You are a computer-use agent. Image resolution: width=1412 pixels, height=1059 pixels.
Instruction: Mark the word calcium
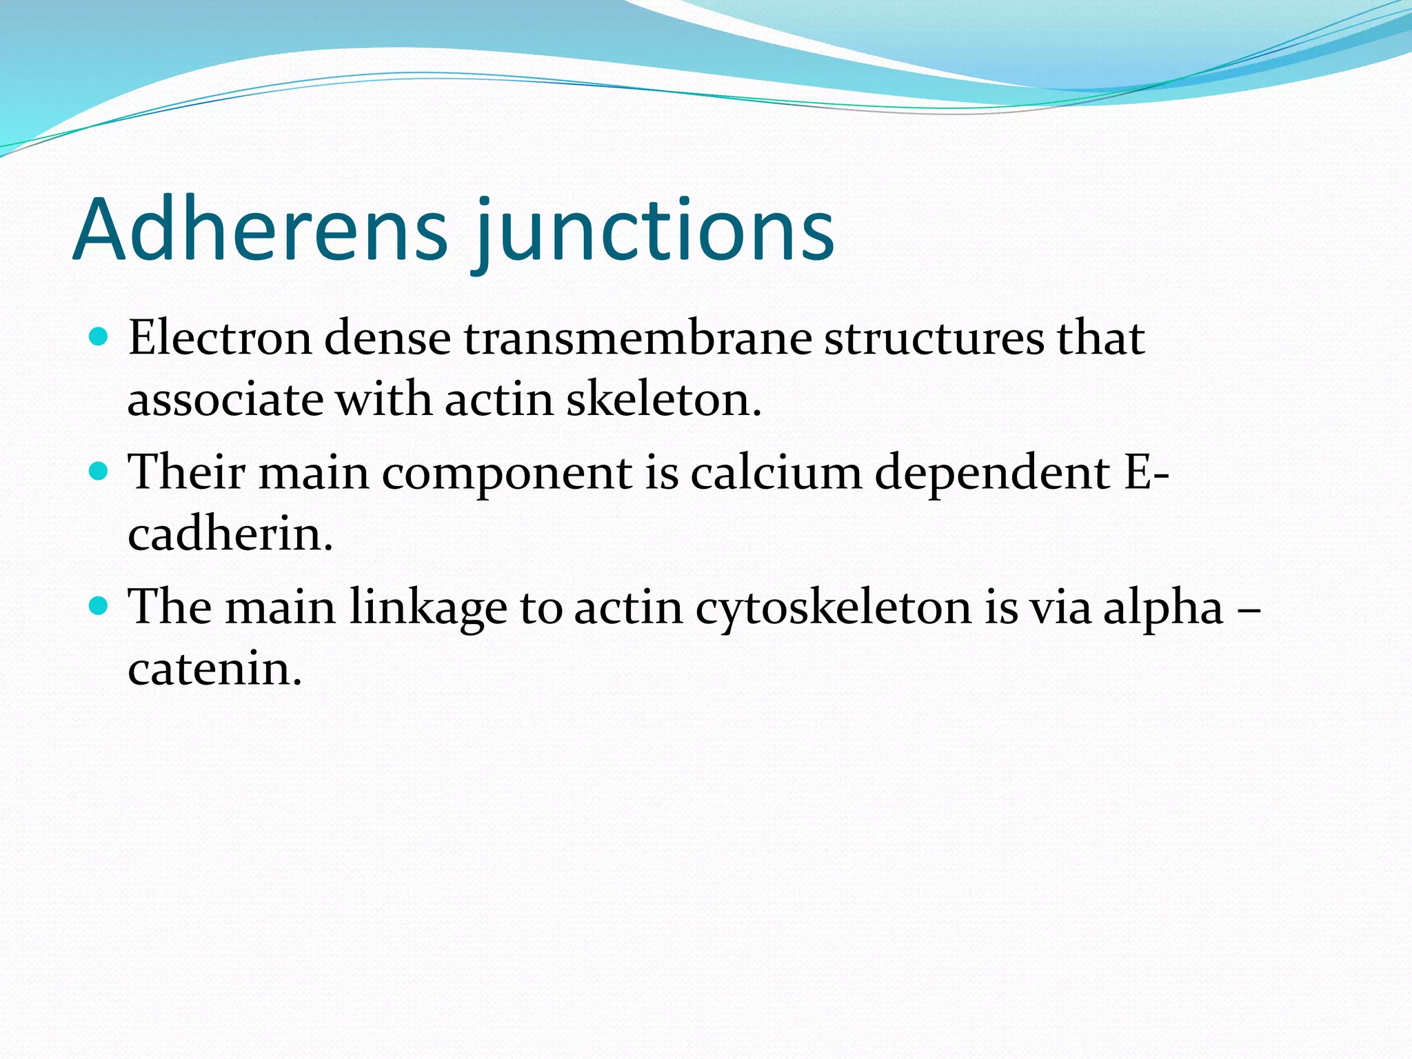(x=776, y=473)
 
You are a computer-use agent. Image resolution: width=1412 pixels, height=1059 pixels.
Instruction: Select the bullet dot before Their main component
(x=99, y=472)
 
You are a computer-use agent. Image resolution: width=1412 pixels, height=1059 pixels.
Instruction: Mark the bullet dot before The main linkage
(x=99, y=606)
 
